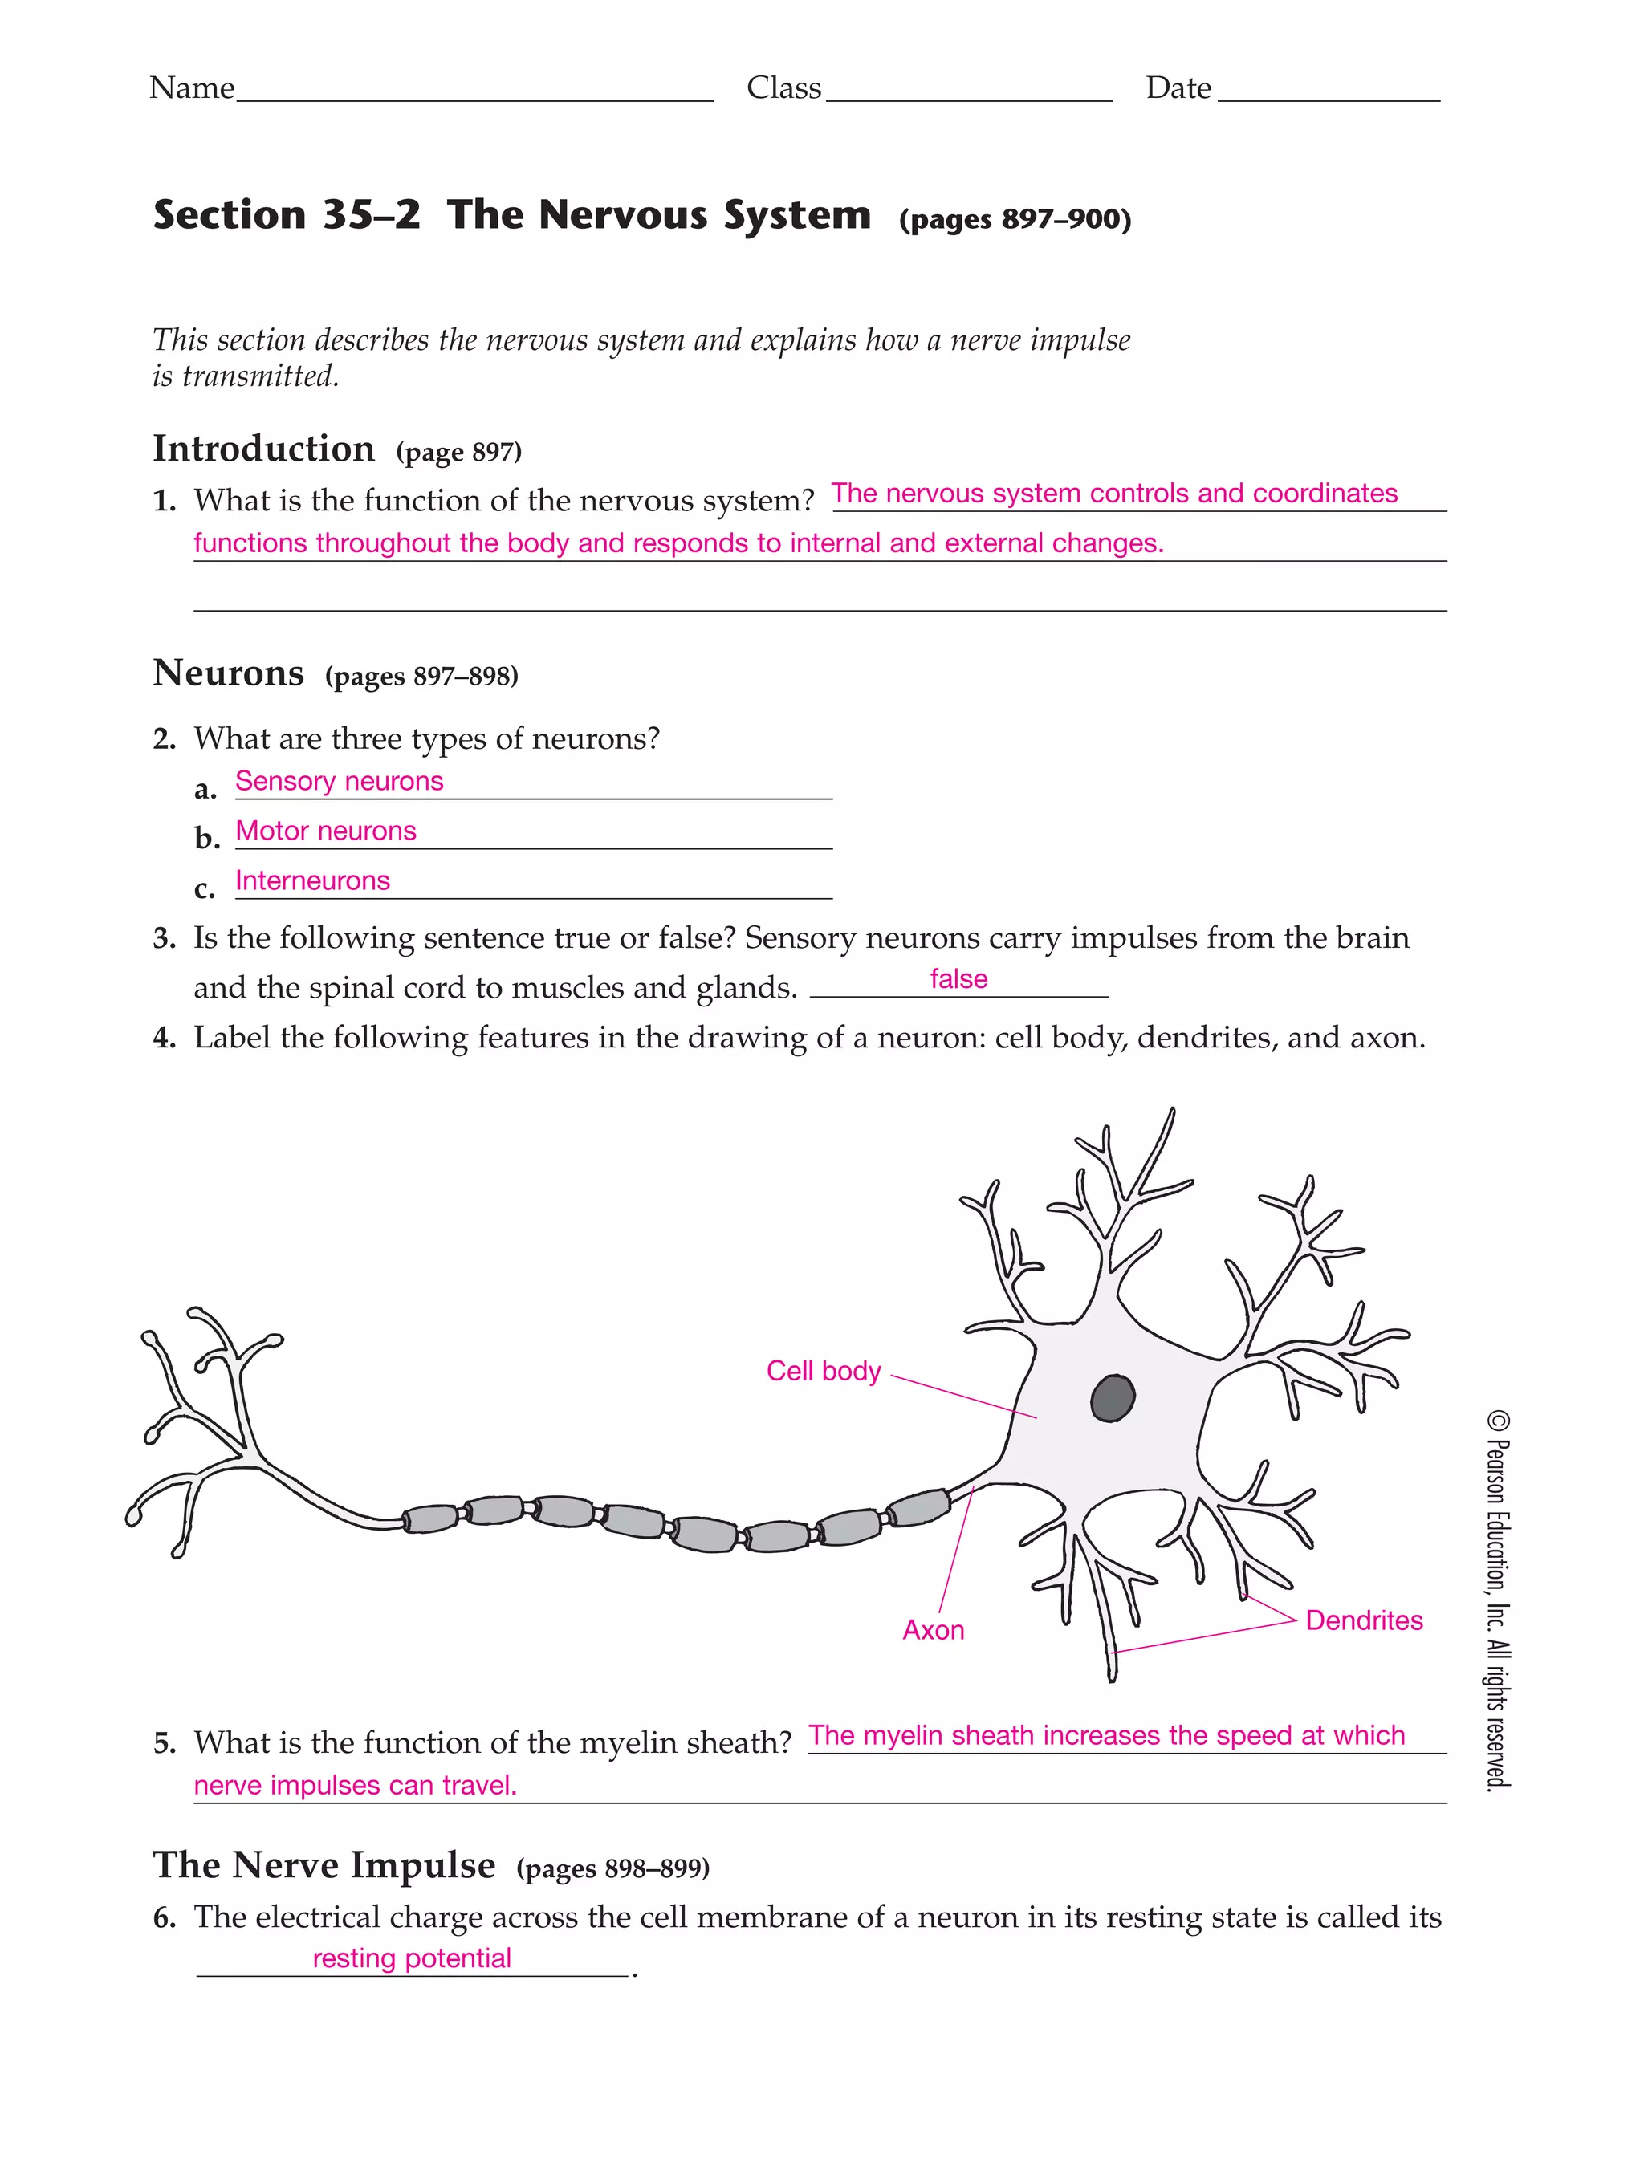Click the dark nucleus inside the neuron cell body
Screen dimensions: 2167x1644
pos(1112,1398)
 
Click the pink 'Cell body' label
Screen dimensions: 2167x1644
pos(823,1371)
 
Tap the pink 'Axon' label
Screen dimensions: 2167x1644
pos(933,1630)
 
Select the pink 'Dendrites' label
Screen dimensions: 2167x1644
pos(1363,1620)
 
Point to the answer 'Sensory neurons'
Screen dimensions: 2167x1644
pos(339,781)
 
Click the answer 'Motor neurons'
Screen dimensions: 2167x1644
pos(325,831)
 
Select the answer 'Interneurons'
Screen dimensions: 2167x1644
pos(311,880)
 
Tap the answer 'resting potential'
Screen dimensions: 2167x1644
pos(412,1958)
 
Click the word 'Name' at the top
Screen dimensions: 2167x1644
pos(192,88)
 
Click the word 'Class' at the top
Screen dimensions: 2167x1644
pos(783,88)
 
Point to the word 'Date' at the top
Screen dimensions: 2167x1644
pos(1178,88)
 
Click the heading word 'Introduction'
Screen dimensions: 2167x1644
pos(263,449)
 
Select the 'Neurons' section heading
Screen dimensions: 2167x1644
pos(228,673)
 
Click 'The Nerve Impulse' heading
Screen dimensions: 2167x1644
pos(324,1864)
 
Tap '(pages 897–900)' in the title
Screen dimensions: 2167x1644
pos(1014,218)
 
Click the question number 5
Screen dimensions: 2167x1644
pos(165,1742)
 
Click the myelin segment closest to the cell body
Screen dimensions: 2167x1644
pos(918,1508)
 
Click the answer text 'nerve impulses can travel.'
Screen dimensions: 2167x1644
pos(355,1785)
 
